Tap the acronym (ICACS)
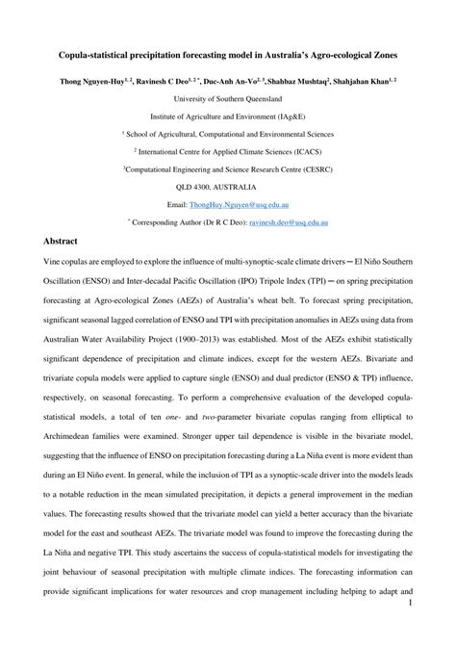(x=310, y=149)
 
